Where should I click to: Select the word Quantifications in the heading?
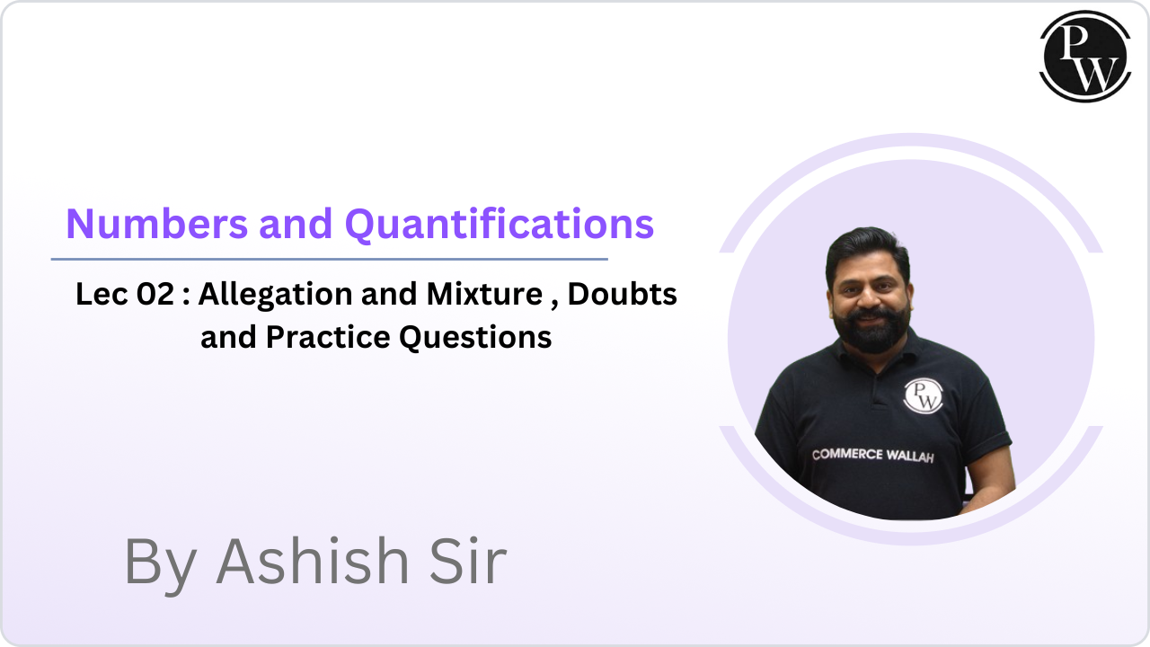point(500,224)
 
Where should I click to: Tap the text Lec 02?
point(125,294)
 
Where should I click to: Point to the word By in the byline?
point(162,563)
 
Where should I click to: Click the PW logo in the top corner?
point(1085,56)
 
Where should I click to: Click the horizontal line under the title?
point(329,260)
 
